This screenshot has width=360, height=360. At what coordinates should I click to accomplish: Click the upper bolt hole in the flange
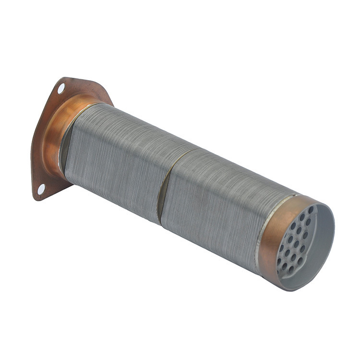tap(61, 88)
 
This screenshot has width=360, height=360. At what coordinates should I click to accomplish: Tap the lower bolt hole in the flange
tap(41, 189)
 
